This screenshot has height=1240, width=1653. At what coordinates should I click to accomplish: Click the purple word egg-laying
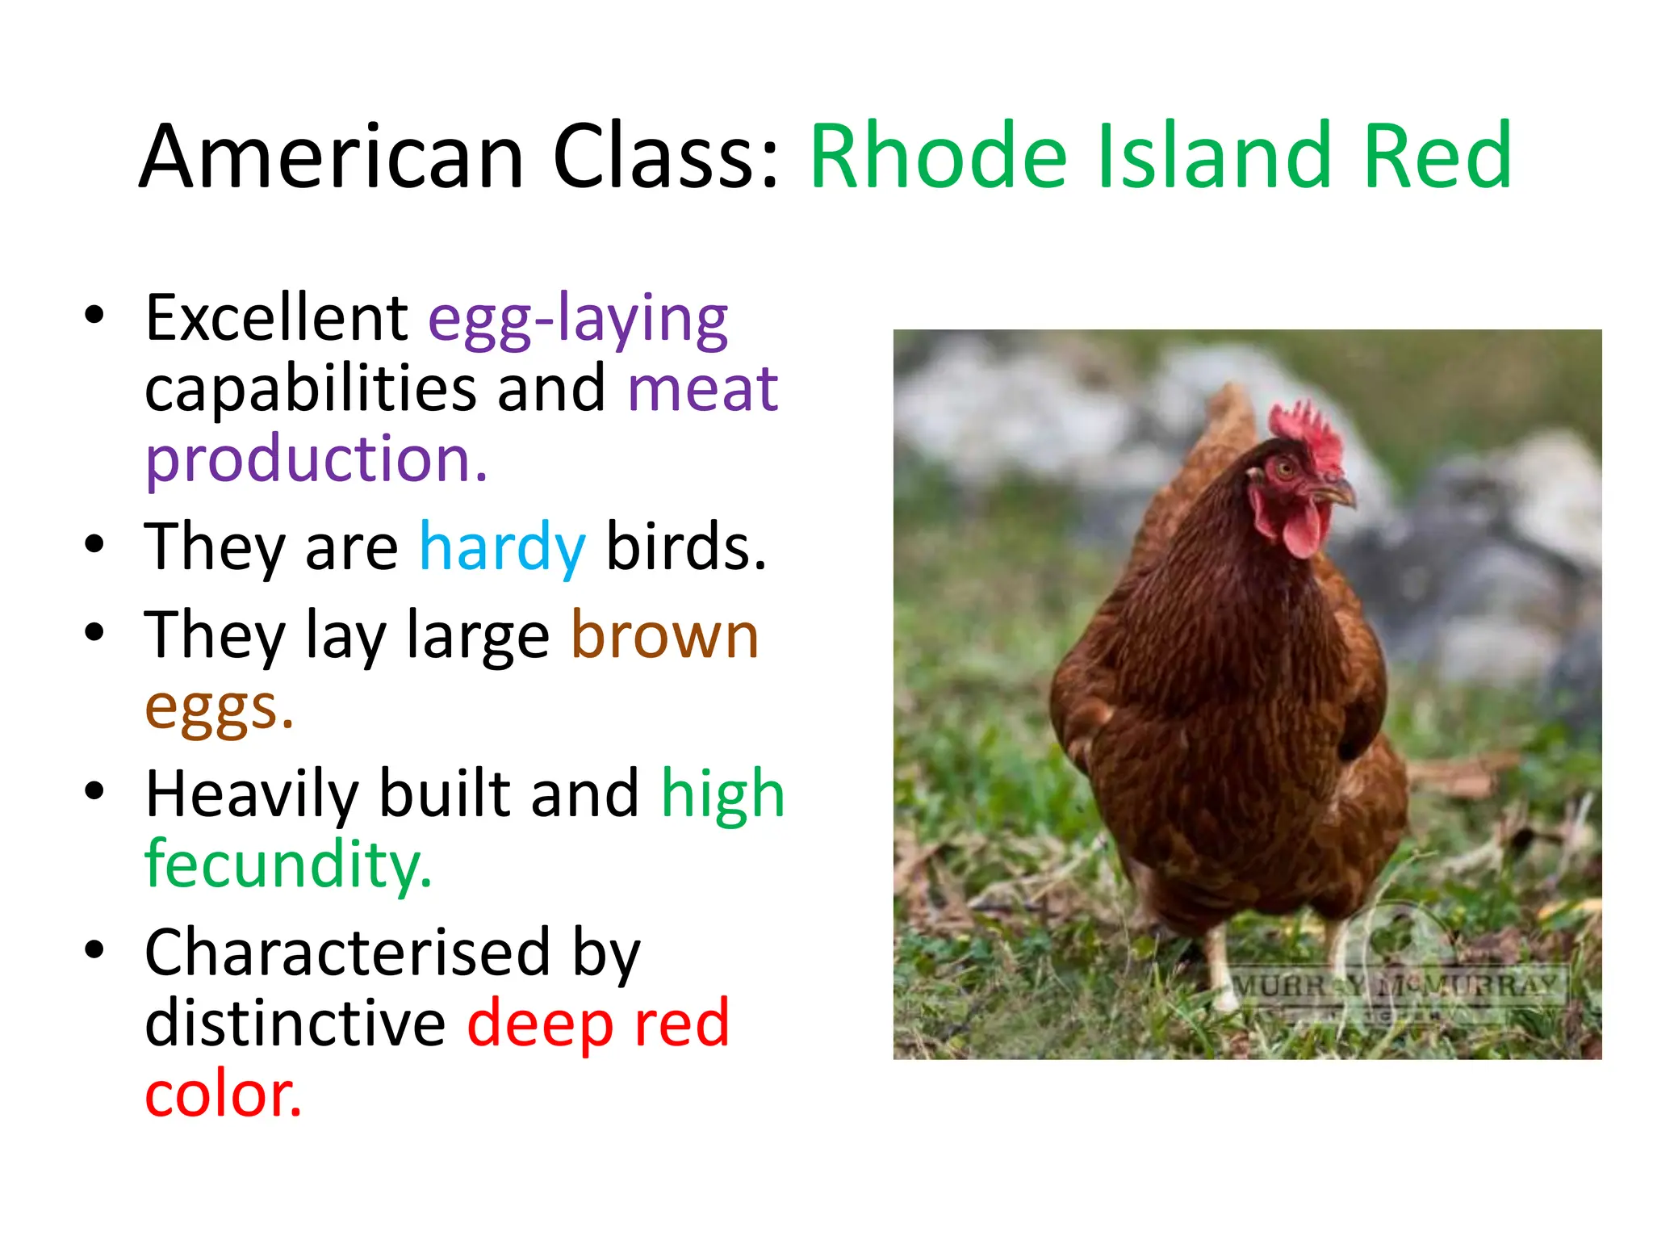tap(578, 320)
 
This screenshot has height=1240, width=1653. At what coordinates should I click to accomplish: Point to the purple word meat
tap(702, 389)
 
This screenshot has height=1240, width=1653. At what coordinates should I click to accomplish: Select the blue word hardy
tap(502, 547)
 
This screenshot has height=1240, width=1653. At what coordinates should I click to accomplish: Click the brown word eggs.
tap(218, 709)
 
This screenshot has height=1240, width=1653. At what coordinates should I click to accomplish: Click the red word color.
tap(223, 1095)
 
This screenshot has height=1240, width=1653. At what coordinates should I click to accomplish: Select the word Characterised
tap(348, 953)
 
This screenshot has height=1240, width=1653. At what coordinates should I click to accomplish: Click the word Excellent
tap(277, 318)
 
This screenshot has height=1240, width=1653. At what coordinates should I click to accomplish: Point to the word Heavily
tap(251, 794)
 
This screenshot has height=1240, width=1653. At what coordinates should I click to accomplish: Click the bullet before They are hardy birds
tap(94, 544)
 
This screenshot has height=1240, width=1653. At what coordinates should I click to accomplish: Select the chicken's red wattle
tap(1299, 529)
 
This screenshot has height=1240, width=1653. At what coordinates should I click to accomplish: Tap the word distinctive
tap(295, 1024)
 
